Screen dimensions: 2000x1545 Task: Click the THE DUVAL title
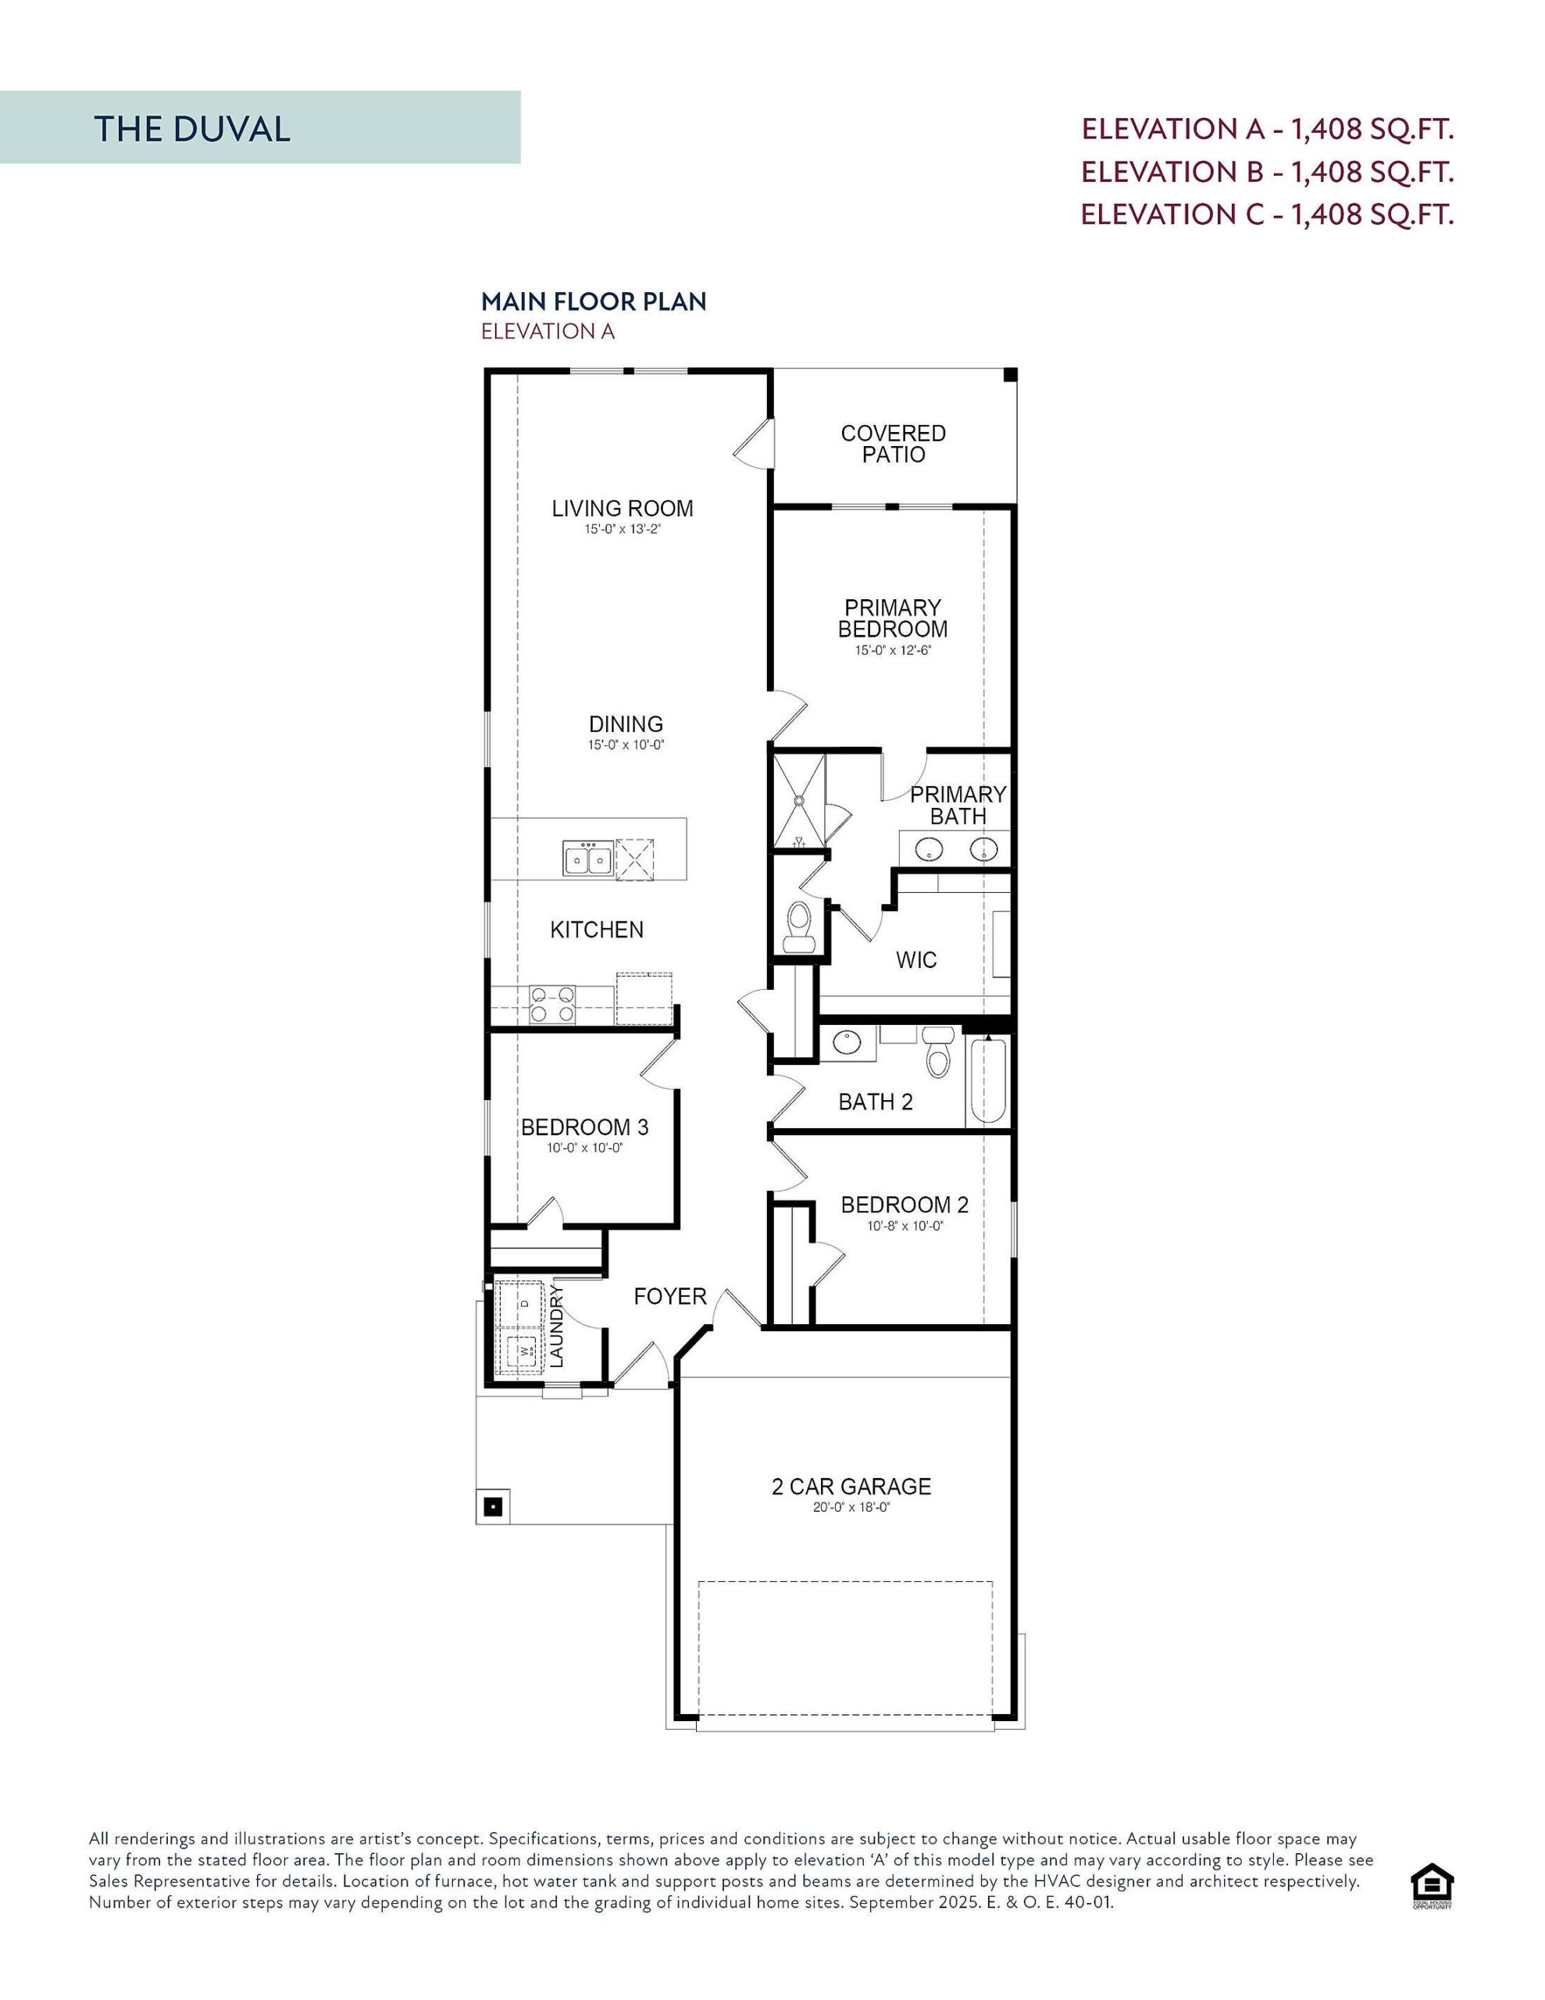[x=192, y=129]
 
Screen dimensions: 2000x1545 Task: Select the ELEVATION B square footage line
[x=1268, y=172]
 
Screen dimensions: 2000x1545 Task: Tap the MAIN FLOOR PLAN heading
[x=594, y=302]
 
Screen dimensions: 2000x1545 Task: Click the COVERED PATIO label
[x=893, y=444]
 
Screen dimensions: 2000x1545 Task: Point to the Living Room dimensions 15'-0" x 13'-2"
[x=623, y=530]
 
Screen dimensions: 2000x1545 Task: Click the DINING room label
[x=626, y=724]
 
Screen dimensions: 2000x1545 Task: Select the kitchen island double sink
[x=587, y=859]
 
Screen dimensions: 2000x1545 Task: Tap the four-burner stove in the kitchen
[x=552, y=1003]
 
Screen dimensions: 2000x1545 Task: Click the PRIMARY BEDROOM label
[x=893, y=618]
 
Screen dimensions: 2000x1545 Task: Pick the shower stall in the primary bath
[x=798, y=800]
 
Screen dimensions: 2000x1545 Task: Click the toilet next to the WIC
[x=800, y=923]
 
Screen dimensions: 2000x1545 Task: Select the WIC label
[x=915, y=959]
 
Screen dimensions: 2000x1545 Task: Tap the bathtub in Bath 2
[x=987, y=1080]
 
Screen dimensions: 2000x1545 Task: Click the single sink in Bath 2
[x=846, y=1042]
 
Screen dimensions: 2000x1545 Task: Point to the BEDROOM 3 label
[x=584, y=1127]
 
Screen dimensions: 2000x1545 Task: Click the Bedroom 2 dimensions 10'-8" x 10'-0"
[x=905, y=1227]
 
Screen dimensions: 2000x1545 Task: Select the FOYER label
[x=670, y=1297]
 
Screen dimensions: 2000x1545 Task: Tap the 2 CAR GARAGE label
[x=851, y=1486]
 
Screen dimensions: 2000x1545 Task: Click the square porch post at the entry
[x=493, y=1505]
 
